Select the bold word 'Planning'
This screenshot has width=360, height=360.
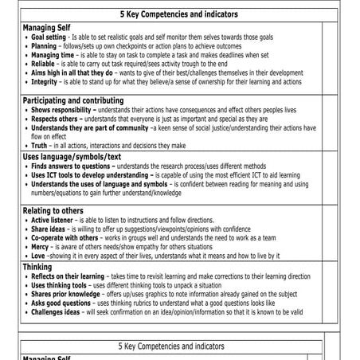pos(43,46)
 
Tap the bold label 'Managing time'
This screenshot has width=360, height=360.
pos(52,55)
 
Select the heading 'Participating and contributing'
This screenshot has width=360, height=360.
pos(73,101)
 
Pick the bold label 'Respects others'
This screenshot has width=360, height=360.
pos(54,119)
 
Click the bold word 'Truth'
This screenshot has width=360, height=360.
pos(38,146)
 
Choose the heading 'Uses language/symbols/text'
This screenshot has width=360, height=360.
pos(71,157)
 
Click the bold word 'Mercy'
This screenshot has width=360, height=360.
pos(40,246)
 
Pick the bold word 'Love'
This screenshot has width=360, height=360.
pos(38,256)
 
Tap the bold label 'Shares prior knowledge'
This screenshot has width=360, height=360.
pos(65,295)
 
